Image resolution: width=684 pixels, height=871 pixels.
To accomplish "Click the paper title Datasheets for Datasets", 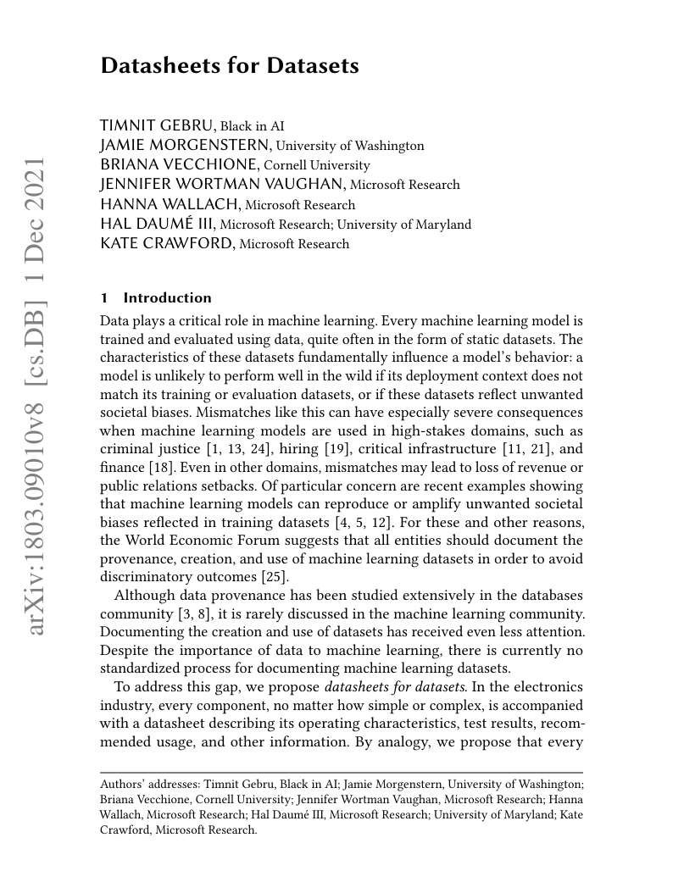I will click(x=229, y=65).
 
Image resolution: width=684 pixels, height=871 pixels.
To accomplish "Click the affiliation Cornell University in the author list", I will click(x=317, y=165).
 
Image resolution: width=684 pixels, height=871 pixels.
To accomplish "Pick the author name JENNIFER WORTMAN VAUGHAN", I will click(x=222, y=185).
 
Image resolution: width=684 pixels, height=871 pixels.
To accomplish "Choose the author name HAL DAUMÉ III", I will click(x=158, y=225).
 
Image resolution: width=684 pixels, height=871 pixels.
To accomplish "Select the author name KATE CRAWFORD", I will click(x=167, y=244).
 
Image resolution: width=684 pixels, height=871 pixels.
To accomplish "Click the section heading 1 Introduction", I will click(x=156, y=298).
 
